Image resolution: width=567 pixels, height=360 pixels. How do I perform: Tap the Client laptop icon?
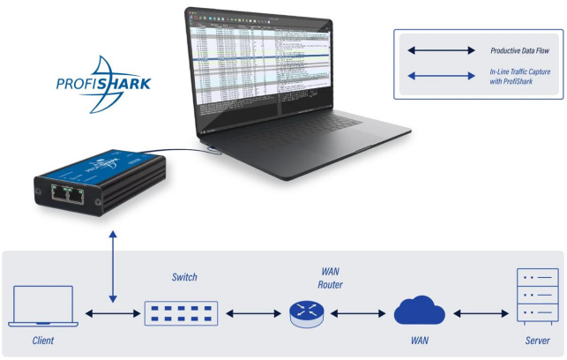click(x=43, y=305)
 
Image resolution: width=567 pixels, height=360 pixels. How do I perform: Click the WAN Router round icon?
click(x=306, y=313)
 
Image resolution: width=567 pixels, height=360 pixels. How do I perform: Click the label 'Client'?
click(x=43, y=340)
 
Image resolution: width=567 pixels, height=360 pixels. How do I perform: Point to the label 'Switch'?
click(x=184, y=277)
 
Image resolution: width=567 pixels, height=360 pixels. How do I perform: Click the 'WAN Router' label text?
click(x=330, y=278)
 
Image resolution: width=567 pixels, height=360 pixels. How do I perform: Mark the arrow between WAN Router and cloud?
click(x=356, y=313)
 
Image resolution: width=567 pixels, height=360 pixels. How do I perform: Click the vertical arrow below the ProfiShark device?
click(x=112, y=266)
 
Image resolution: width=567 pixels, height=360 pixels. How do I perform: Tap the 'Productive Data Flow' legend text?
click(x=526, y=51)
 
